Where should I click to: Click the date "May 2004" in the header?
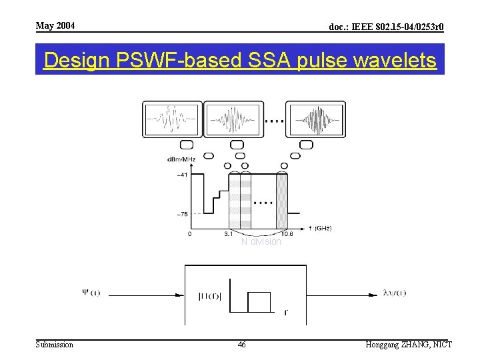(55, 26)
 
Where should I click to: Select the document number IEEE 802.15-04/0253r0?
(387, 27)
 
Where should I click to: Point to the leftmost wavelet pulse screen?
(172, 120)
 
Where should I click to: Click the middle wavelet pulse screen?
(232, 120)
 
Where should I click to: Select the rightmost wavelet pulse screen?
(315, 120)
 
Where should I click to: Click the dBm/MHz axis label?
(181, 159)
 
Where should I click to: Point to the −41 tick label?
(181, 175)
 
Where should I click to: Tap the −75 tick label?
(181, 214)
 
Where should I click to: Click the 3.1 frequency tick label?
(228, 234)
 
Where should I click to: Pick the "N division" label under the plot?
(261, 242)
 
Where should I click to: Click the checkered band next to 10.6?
(281, 200)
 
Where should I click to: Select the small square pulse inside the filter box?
(259, 302)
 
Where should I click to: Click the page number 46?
(241, 345)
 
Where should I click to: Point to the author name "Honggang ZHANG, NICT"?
(409, 345)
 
